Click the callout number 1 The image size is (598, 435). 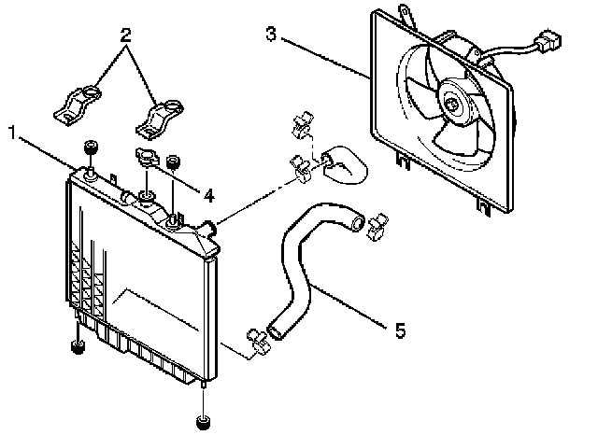pyautogui.click(x=13, y=133)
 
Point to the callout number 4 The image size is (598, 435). pyautogui.click(x=207, y=196)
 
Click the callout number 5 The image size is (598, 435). pyautogui.click(x=400, y=329)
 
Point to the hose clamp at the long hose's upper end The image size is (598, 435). pyautogui.click(x=376, y=223)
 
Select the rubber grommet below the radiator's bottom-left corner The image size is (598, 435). pyautogui.click(x=77, y=349)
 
